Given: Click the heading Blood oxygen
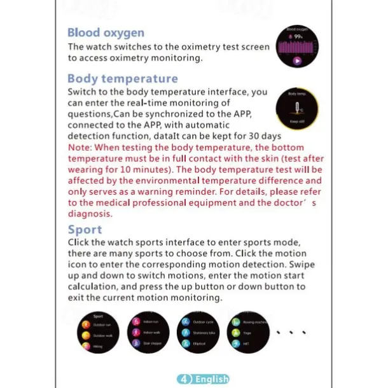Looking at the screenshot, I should pos(106,33).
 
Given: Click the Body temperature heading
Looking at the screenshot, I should pos(123,79).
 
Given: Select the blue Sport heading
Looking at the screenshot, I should pos(85,230).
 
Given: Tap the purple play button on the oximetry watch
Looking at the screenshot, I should pos(297,61).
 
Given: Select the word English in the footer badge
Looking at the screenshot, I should pos(211,379).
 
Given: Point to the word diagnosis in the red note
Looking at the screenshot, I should pos(90,214).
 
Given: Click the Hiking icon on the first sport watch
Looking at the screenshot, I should pos(87,346).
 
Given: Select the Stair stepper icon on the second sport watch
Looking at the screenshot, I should pos(135,343).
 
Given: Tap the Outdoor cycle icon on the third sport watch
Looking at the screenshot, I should pos(185,322).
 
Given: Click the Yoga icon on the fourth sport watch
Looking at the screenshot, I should pos(236,332).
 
